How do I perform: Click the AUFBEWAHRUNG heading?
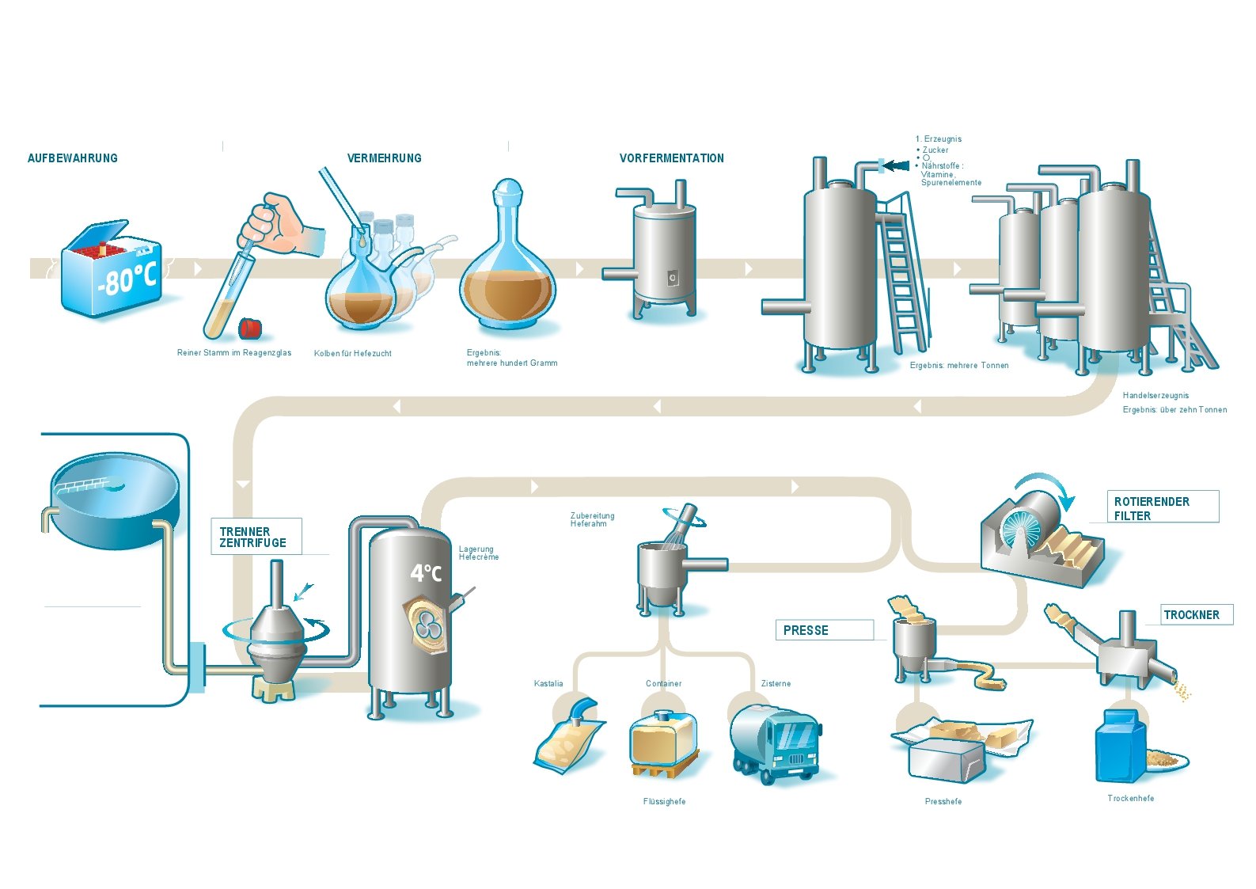pos(72,158)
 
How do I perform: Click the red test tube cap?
pos(252,327)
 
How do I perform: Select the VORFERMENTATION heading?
pos(671,158)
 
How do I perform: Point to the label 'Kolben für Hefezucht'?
pos(352,353)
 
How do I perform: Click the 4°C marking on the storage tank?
pos(425,572)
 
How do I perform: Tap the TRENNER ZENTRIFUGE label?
pos(252,538)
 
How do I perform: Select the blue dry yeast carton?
pos(1120,746)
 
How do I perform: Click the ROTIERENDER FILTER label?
pos(1151,508)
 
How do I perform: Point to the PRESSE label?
pos(806,631)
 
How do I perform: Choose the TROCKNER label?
pos(1191,615)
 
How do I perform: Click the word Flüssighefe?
pos(664,801)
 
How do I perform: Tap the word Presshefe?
pos(943,801)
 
